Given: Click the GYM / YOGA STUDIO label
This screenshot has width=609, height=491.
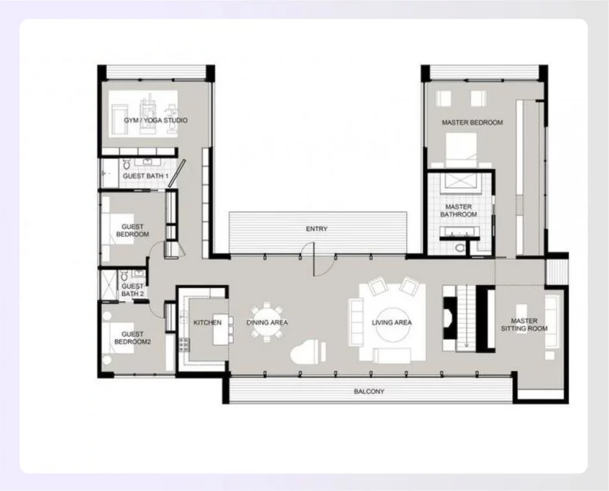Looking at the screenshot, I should [155, 120].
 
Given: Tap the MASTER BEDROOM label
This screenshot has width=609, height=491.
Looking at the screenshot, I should [472, 123].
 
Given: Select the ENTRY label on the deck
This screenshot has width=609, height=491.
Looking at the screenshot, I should [316, 229].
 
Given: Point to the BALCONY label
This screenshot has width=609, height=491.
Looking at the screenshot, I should [369, 392].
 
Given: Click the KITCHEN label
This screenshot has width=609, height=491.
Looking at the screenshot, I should [208, 323].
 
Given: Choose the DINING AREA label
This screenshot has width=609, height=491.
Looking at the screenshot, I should [267, 323].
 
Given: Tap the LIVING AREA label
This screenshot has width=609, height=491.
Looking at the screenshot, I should [391, 323].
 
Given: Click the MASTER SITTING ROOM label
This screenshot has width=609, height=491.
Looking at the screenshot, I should [524, 325].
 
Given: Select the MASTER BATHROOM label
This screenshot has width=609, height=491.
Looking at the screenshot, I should [459, 211].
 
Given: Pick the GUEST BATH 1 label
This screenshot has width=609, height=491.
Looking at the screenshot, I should [146, 176].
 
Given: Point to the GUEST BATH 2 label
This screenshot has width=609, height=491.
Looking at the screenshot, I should [132, 290].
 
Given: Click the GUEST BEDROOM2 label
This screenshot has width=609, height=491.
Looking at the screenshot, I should [132, 338].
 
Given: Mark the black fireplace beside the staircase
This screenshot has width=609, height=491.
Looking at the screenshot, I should [449, 318].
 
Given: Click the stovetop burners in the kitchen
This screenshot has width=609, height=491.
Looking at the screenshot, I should [184, 343].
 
